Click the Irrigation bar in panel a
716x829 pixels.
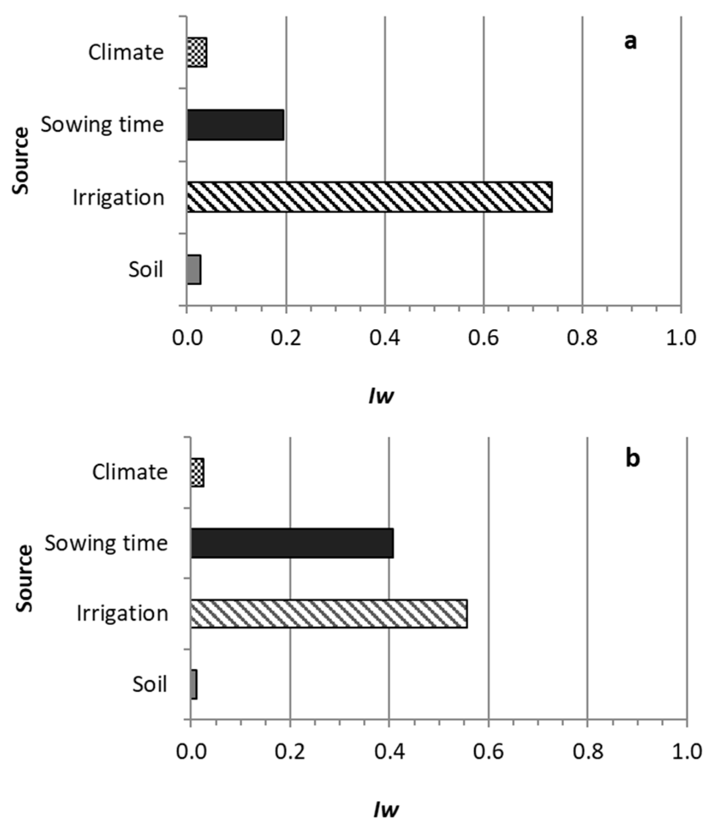coord(369,197)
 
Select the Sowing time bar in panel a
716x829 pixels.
coord(235,125)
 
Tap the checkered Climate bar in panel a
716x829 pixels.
coord(197,53)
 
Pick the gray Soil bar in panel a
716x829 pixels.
coord(194,269)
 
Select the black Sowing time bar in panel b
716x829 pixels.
coord(292,543)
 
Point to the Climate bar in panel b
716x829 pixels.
coord(198,472)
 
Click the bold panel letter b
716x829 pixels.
coord(633,459)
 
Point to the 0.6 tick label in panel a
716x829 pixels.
coord(484,338)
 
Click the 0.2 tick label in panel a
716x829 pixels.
coord(286,338)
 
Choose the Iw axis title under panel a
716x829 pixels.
coord(381,396)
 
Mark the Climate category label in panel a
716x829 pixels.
coord(126,53)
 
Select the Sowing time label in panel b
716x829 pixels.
coord(106,543)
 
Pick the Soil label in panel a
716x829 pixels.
coord(146,269)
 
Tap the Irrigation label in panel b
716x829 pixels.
coord(122,613)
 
